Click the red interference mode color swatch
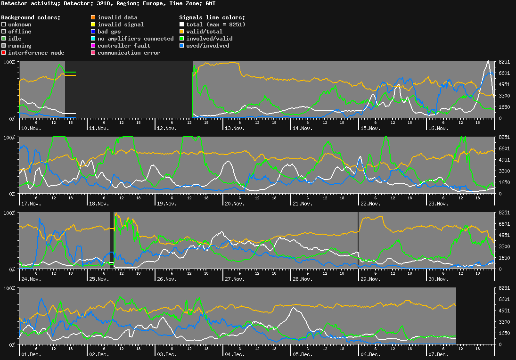(x=4, y=53)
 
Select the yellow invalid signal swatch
(x=93, y=25)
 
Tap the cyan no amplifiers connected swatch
(x=93, y=39)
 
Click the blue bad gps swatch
(x=93, y=32)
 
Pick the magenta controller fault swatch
(x=93, y=46)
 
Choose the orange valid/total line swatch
(x=182, y=32)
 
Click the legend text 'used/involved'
(x=208, y=46)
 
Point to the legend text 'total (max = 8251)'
(x=216, y=25)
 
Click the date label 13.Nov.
(x=234, y=128)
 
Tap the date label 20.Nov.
(x=234, y=204)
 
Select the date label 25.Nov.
(x=99, y=279)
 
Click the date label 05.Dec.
(x=302, y=354)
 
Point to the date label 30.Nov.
(x=438, y=279)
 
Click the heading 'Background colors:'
(x=31, y=17)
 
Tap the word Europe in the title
(x=154, y=3)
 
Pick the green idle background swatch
(x=4, y=39)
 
